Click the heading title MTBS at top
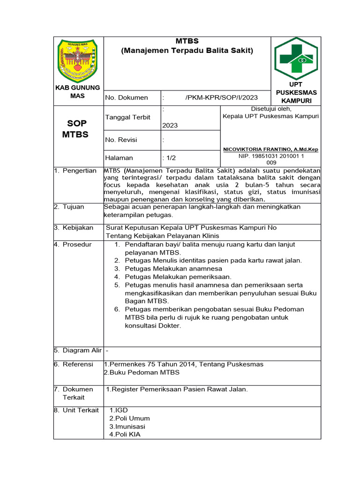(x=187, y=41)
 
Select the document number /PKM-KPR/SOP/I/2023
(x=222, y=97)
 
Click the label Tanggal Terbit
(x=128, y=117)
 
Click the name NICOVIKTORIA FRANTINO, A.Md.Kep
(x=270, y=149)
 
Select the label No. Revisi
(x=121, y=140)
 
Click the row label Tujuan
(x=75, y=207)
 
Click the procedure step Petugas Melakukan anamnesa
(x=173, y=269)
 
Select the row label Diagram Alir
(x=82, y=350)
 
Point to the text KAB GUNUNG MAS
(x=78, y=91)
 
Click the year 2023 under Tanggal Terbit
(x=170, y=126)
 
